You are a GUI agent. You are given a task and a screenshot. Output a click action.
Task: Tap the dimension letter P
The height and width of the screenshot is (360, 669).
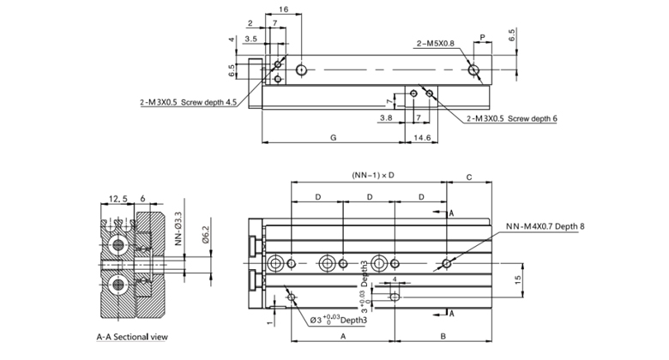click(x=483, y=37)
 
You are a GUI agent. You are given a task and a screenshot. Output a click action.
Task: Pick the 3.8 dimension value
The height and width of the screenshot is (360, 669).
click(x=387, y=117)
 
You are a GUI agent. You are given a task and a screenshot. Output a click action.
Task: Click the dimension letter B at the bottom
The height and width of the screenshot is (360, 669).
click(x=442, y=337)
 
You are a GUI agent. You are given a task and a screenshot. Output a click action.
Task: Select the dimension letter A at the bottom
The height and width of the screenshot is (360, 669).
click(x=342, y=337)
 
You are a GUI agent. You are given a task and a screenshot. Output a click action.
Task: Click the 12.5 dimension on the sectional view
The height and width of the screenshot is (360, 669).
click(x=118, y=199)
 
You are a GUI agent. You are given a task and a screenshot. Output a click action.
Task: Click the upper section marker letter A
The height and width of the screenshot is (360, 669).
click(x=452, y=211)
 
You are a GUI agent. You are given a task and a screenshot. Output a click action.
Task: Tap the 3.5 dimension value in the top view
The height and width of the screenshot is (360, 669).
click(x=251, y=39)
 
